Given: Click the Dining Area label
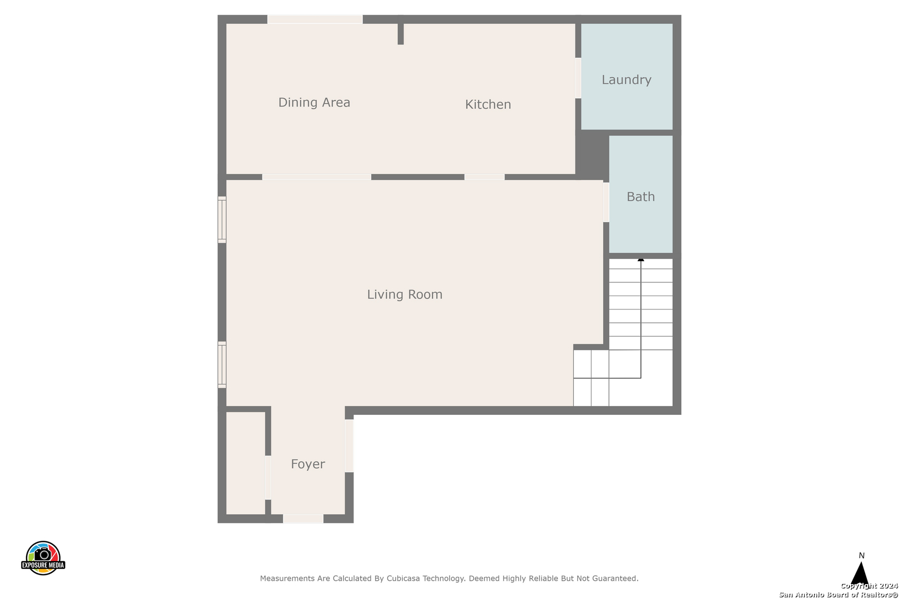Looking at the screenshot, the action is click(x=314, y=102).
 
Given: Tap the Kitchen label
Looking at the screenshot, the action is click(x=488, y=104).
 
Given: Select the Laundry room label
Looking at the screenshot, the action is click(x=627, y=80).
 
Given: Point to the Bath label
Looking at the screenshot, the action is click(x=640, y=196).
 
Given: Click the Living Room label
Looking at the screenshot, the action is click(x=405, y=295).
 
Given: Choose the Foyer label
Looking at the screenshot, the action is click(x=308, y=464).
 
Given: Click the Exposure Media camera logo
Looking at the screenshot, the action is click(x=43, y=558).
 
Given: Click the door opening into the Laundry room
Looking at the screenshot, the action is click(x=578, y=78).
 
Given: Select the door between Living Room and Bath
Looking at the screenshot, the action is click(x=606, y=202).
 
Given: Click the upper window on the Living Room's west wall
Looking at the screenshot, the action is click(x=222, y=220).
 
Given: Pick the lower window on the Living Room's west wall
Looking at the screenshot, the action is click(x=222, y=365).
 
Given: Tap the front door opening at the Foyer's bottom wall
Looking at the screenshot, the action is click(x=304, y=519).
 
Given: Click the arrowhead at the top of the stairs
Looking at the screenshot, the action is click(x=641, y=260).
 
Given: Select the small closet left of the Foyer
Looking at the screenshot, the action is click(x=246, y=463).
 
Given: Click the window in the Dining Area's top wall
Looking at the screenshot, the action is click(x=315, y=19).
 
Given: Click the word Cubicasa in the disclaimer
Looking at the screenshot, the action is click(x=403, y=578).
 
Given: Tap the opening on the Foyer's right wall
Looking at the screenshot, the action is click(x=349, y=446).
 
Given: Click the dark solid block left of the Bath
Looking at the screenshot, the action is click(x=592, y=154).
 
